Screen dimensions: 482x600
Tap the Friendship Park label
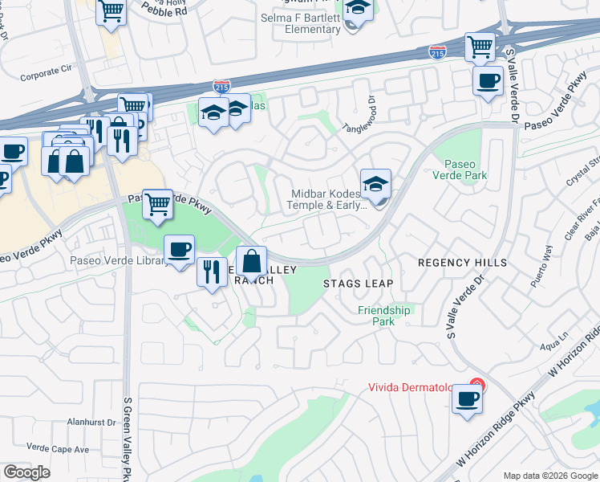383,316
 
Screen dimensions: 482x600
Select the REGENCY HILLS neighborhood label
462,263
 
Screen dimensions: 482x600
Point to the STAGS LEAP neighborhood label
358,284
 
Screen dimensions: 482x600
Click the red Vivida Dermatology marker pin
476,386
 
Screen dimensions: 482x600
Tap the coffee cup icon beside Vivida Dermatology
467,399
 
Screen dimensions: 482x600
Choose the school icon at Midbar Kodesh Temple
375,185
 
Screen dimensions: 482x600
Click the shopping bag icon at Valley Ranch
251,262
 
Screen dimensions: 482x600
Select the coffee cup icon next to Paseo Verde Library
179,250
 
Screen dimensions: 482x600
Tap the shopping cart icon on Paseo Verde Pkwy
158,204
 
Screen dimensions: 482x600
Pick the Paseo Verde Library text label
115,260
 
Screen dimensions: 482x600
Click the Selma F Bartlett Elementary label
301,23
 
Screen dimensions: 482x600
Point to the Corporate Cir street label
45,75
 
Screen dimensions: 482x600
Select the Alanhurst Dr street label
71,421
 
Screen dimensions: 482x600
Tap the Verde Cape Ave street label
57,447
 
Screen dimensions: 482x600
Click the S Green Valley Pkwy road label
126,438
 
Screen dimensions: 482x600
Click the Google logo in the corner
26,472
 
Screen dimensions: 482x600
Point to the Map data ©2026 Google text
549,476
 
